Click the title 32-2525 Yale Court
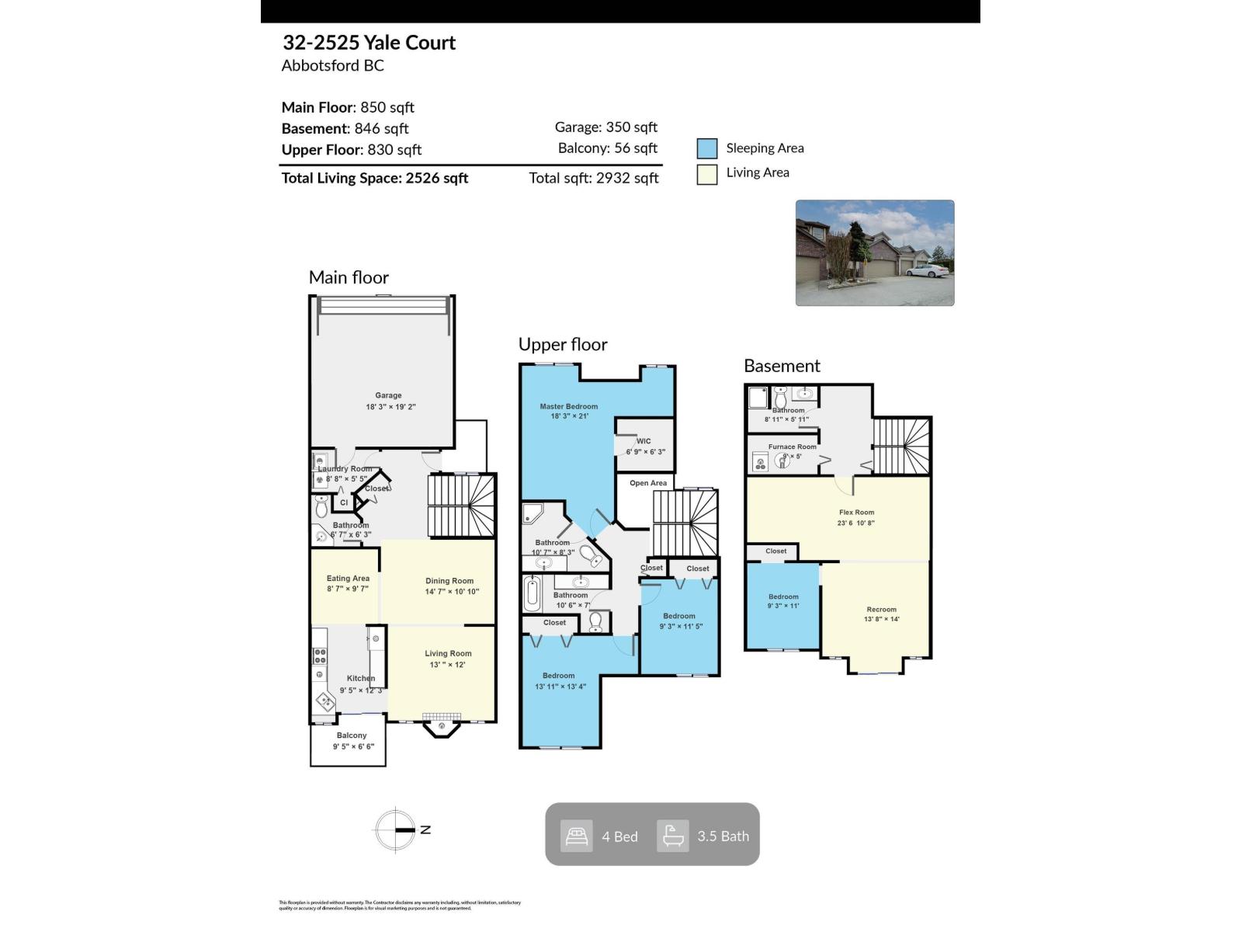click(369, 43)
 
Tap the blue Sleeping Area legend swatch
click(706, 148)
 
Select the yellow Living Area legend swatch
click(706, 174)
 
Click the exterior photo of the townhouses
click(875, 252)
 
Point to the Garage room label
click(388, 395)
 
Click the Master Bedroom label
click(569, 406)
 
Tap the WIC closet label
click(644, 441)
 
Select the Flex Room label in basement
click(856, 513)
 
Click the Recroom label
click(881, 610)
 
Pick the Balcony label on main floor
click(352, 736)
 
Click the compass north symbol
click(396, 829)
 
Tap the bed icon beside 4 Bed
click(577, 836)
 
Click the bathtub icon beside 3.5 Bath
click(672, 836)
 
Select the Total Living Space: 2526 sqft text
click(374, 178)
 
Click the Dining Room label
click(449, 581)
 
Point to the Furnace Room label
click(793, 447)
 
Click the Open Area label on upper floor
click(648, 483)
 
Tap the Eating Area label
click(348, 579)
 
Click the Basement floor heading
click(782, 366)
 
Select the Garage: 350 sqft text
click(605, 127)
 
